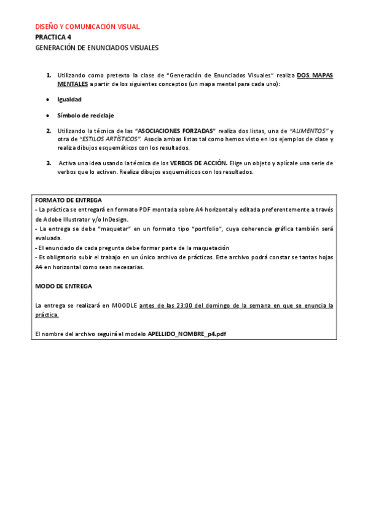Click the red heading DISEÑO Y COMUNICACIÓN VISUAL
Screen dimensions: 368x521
87,27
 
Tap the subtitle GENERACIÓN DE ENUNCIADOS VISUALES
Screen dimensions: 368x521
96,47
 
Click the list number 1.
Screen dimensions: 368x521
49,75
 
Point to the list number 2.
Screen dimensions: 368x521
49,131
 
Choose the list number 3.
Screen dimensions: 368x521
49,163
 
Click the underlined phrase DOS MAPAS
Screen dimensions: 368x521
315,75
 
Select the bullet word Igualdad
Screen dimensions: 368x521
69,99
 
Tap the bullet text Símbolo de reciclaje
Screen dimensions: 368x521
85,115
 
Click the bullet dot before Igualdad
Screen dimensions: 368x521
48,99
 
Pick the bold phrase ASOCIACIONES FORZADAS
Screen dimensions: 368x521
175,131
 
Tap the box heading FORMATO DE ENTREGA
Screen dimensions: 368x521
68,200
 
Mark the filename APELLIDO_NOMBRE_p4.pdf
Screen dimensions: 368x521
187,334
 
